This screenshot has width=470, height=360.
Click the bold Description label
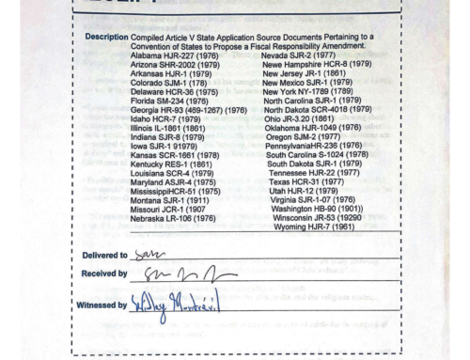point(103,37)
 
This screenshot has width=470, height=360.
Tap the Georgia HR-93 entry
point(188,110)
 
